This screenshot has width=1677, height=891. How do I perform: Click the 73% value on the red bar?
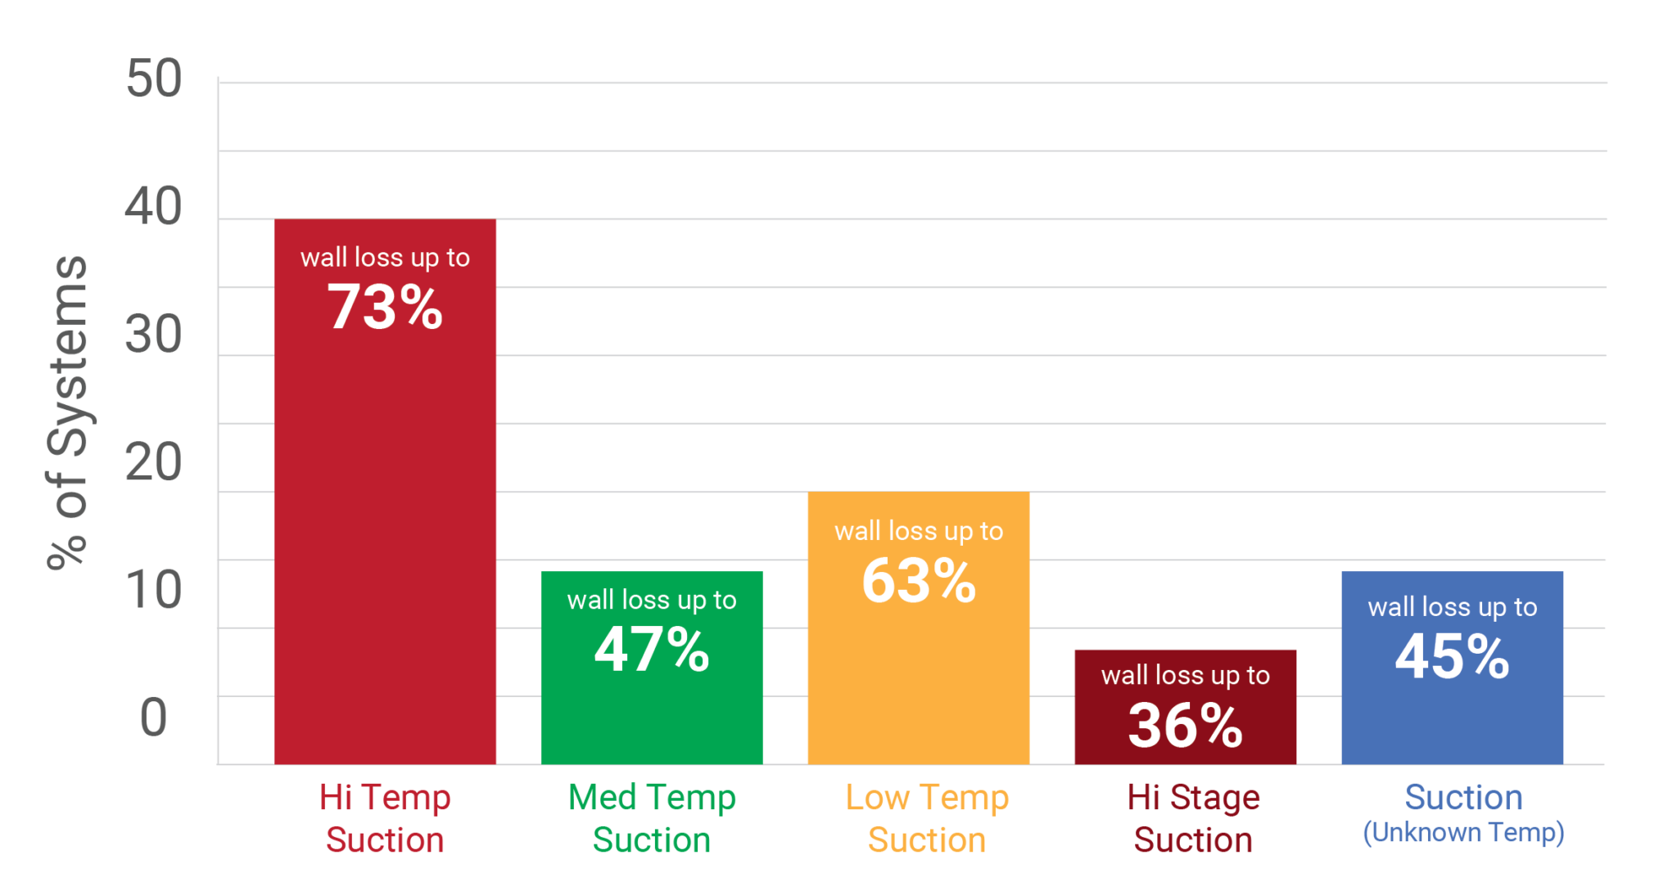coord(385,308)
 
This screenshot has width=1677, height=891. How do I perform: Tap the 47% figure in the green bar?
coord(652,650)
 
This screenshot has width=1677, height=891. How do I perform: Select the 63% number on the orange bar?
coord(919,581)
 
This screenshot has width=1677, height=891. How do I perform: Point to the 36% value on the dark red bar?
coord(1185,725)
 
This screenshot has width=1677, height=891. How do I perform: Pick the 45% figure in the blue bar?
coord(1452,656)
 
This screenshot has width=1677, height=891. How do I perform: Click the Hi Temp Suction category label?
coord(385,818)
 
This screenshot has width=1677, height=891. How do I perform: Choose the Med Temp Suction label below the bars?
coord(652,818)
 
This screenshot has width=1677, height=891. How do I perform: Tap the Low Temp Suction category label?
coord(927,818)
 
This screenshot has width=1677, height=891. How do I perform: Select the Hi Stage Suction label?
coord(1193,818)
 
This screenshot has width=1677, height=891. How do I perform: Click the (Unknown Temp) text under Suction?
coord(1463,833)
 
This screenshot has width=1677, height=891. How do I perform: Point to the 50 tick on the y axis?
coord(153,79)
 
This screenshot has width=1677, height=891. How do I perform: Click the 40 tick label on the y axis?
coord(153,206)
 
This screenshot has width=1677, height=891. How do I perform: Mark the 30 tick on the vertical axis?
coord(153,335)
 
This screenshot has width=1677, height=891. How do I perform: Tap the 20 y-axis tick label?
coord(153,462)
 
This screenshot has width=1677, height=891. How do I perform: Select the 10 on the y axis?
coord(153,590)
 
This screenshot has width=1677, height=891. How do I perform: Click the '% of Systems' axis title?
coord(67,412)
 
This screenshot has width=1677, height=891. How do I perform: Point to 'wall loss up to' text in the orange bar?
coord(919,532)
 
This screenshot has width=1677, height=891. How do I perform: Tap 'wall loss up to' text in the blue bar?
coord(1452,607)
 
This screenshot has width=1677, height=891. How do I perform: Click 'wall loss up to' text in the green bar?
coord(652,601)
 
